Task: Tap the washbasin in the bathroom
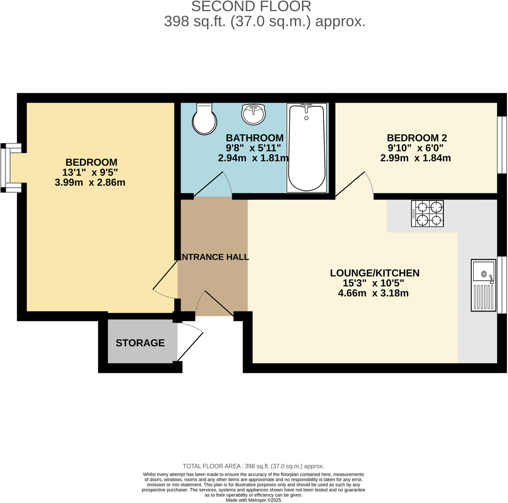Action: (253, 114)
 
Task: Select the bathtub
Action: (306, 148)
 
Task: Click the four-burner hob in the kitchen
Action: (427, 213)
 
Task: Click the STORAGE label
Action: (140, 343)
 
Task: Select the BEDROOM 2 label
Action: (416, 138)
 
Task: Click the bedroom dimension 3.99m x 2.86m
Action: (90, 182)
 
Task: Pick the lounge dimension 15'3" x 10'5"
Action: (373, 283)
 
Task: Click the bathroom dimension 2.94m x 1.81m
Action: (253, 158)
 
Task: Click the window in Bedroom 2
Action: (502, 145)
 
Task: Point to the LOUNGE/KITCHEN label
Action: (375, 273)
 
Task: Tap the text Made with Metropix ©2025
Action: (253, 500)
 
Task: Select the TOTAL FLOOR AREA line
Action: (253, 466)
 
